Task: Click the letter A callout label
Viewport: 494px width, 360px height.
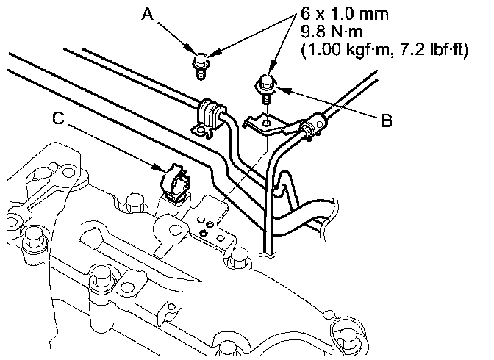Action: point(148,14)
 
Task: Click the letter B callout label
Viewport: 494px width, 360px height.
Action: point(387,120)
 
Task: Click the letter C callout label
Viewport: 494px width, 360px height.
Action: point(58,118)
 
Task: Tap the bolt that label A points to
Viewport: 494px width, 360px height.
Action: point(200,65)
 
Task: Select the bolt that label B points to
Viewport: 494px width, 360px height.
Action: point(265,87)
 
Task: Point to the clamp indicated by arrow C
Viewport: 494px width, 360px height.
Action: point(175,184)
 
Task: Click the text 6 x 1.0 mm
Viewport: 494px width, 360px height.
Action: point(344,14)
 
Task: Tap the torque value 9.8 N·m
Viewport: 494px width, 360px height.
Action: point(332,32)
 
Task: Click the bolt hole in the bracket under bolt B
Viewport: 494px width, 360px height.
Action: point(267,123)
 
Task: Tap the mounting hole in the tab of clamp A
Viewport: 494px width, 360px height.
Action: point(201,129)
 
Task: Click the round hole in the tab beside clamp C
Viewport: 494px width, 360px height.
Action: point(174,230)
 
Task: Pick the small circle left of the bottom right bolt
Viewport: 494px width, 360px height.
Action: point(329,314)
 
